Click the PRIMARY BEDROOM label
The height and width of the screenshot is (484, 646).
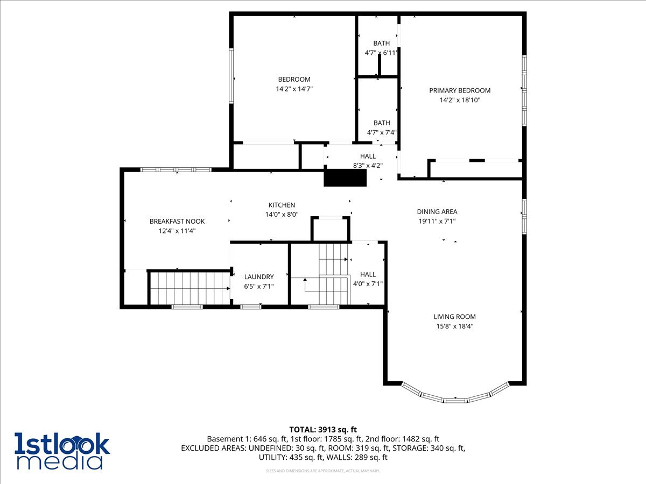(460, 90)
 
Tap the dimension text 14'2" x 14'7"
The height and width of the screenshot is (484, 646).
(294, 89)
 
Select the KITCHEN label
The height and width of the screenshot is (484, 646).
(282, 205)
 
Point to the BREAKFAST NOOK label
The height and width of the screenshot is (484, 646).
(177, 221)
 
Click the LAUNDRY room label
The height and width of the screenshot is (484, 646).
(259, 277)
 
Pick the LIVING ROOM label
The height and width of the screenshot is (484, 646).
(455, 317)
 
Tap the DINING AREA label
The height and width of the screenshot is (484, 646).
(437, 212)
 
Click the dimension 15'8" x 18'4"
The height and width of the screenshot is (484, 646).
(455, 326)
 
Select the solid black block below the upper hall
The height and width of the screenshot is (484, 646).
(345, 178)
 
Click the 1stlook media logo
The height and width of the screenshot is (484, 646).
(62, 451)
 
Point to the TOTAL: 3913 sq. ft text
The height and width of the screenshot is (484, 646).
(323, 429)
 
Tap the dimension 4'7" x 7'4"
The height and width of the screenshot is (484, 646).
(382, 132)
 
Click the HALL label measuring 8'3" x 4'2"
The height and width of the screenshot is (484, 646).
(368, 156)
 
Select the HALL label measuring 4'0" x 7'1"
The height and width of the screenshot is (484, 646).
(368, 274)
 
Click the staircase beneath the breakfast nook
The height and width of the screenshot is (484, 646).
(189, 288)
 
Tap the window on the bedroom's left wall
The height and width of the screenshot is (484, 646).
(231, 76)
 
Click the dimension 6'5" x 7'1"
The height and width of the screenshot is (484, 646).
(259, 287)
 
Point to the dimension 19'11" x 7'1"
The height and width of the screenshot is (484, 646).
(437, 221)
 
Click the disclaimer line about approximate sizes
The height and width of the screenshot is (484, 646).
(323, 471)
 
